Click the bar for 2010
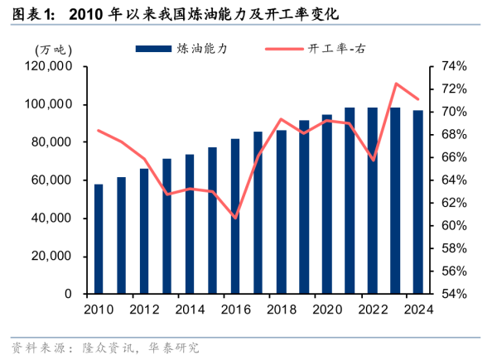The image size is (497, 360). pos(99,239)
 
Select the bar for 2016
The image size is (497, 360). pos(235,216)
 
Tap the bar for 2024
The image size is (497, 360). pos(417,202)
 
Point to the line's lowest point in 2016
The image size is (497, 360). pos(235,218)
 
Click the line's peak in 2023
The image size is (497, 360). pos(395,84)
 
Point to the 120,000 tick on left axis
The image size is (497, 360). pos(51,66)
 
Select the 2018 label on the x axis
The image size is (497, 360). pos(281,310)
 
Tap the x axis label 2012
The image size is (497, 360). pos(144,310)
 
